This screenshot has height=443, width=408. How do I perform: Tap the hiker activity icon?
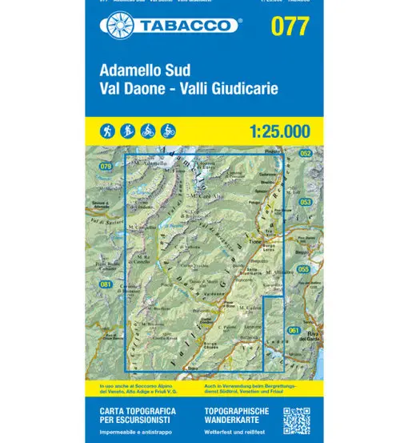(107, 130)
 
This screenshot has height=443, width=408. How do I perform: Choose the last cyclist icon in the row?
(169, 130)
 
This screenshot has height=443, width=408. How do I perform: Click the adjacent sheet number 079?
(106, 166)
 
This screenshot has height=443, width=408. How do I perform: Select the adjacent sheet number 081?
(106, 284)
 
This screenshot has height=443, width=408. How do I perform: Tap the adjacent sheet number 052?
(305, 152)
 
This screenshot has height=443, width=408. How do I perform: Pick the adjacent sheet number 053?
(305, 203)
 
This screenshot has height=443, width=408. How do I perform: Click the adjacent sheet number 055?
(303, 269)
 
